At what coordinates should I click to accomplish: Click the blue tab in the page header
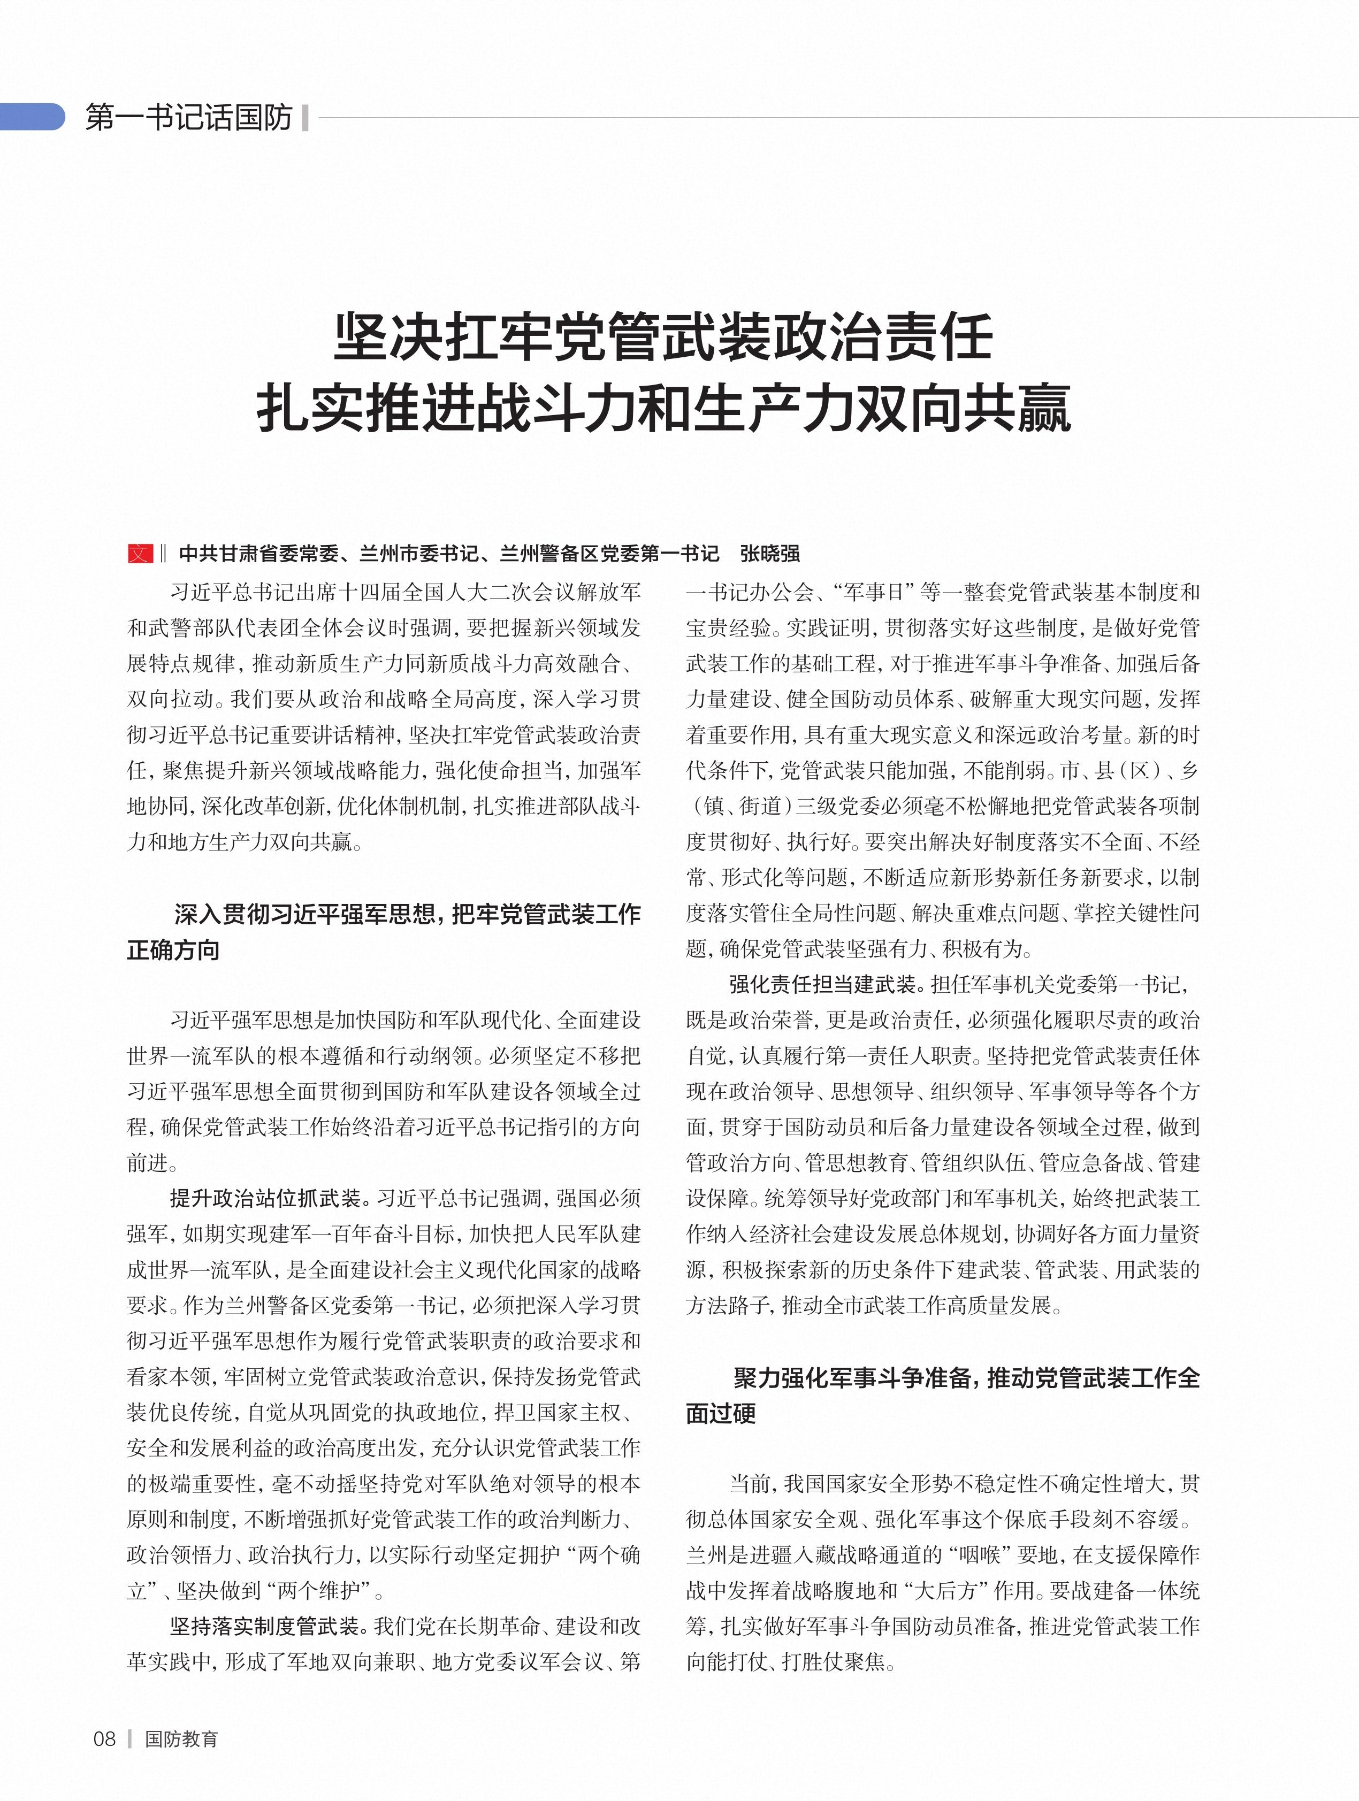(x=31, y=117)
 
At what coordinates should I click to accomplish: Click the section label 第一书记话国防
(x=188, y=118)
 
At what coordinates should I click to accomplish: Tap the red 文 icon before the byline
(x=140, y=554)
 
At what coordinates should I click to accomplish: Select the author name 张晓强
(x=769, y=554)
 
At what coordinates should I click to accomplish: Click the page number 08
(x=105, y=1739)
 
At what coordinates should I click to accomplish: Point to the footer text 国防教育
(x=181, y=1739)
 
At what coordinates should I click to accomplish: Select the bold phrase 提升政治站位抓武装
(x=265, y=1199)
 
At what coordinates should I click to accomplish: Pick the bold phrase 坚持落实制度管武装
(x=265, y=1627)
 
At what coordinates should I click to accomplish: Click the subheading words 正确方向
(x=173, y=950)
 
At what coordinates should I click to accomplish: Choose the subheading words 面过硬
(x=721, y=1413)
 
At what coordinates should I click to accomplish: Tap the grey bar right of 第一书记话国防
(x=304, y=118)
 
